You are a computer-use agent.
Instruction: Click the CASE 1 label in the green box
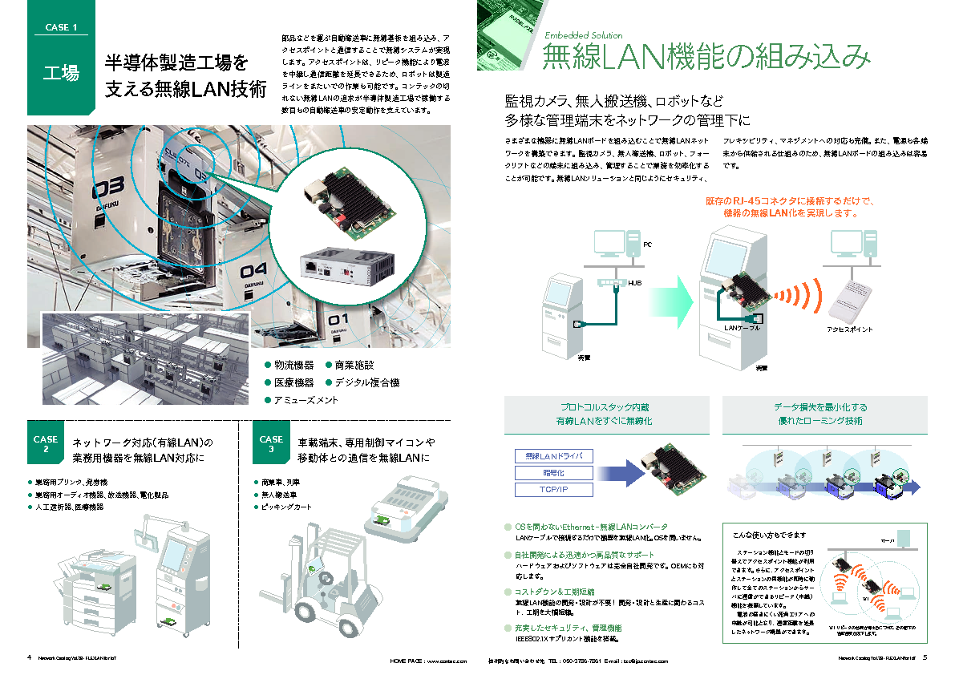point(61,27)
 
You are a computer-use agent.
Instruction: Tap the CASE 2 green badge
point(46,444)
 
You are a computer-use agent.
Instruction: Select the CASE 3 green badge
point(271,444)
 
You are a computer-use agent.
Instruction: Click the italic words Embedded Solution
point(583,35)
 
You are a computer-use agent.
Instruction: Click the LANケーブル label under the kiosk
point(742,328)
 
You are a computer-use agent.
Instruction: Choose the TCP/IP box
point(543,490)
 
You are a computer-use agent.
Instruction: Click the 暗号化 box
point(543,473)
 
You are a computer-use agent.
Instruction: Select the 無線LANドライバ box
point(543,456)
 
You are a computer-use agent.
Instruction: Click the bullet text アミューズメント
point(306,399)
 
